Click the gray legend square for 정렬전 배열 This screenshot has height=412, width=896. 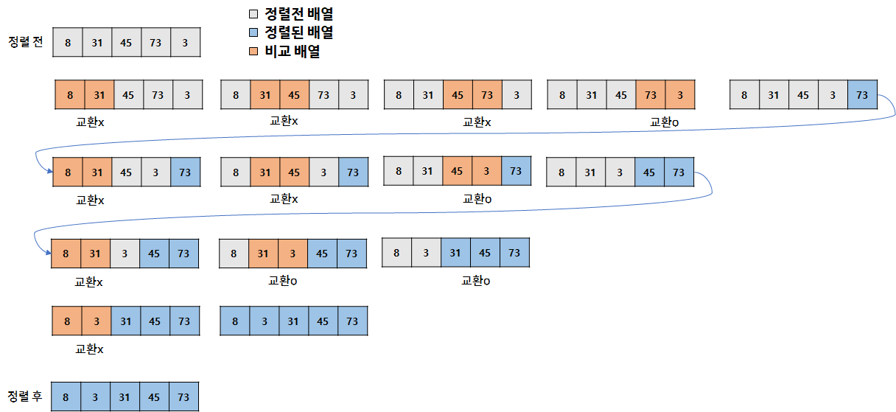(x=253, y=14)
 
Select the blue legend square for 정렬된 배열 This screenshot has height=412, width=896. (x=253, y=33)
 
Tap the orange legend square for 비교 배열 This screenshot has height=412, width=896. (x=253, y=52)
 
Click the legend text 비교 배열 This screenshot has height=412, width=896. (x=292, y=52)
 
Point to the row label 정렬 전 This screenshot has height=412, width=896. (x=25, y=42)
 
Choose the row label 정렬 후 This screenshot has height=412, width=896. (x=25, y=397)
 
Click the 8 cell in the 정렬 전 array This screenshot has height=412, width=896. (x=67, y=43)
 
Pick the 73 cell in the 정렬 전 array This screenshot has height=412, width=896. (x=155, y=43)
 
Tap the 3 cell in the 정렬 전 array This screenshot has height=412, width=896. (x=185, y=43)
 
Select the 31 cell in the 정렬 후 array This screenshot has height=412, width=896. (x=125, y=397)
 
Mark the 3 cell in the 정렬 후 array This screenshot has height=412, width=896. (x=96, y=397)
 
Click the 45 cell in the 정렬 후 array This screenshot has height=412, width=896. (x=155, y=397)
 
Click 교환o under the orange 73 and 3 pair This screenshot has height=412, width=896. (x=665, y=122)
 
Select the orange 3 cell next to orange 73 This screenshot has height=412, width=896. (x=680, y=95)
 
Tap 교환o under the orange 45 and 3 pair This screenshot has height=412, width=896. (x=476, y=199)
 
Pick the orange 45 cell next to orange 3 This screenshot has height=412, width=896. (x=457, y=171)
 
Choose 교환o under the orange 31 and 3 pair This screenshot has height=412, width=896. (x=283, y=281)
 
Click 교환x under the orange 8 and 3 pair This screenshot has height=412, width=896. (x=89, y=349)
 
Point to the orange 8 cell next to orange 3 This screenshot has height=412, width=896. (x=66, y=321)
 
